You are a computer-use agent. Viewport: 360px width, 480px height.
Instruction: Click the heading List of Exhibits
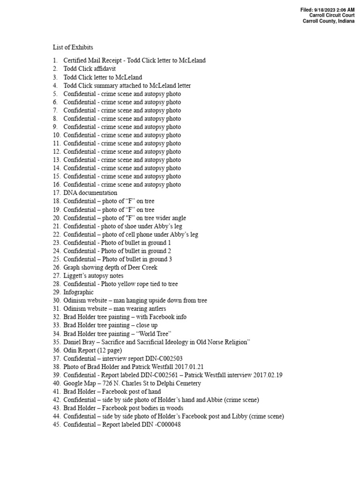coord(73,47)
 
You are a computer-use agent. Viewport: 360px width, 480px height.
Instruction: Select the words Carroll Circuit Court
coord(332,15)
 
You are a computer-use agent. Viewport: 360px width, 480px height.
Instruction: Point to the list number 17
coord(56,193)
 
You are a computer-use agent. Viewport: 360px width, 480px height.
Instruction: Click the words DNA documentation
coord(90,193)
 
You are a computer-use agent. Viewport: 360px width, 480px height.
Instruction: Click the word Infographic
coord(79,292)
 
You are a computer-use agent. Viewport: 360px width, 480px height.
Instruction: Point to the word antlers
coord(156,309)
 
